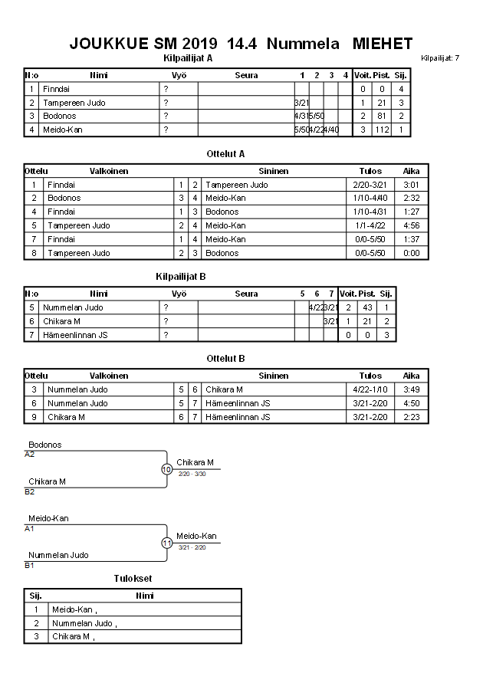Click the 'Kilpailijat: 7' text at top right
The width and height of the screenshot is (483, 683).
click(440, 58)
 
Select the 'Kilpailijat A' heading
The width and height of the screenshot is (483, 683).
click(188, 57)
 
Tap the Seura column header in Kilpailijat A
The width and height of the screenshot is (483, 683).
click(246, 75)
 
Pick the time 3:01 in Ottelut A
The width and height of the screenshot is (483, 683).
click(411, 185)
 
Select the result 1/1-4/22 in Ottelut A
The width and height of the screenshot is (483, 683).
click(370, 225)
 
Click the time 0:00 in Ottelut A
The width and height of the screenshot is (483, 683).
click(411, 253)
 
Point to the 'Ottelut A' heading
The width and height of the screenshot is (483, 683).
click(225, 153)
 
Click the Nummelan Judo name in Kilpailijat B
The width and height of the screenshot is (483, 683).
click(73, 307)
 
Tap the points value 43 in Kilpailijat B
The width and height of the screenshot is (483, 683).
click(366, 307)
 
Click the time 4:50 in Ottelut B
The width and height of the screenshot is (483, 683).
click(411, 403)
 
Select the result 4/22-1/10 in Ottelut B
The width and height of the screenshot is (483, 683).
click(370, 389)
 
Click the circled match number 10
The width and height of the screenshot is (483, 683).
click(166, 469)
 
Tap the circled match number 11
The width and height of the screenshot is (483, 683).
click(166, 543)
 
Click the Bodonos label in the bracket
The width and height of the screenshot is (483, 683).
click(44, 445)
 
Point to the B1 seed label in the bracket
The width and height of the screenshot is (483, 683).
click(30, 565)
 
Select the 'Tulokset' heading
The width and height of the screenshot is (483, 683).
click(133, 578)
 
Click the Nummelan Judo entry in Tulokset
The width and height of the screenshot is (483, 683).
click(84, 623)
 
